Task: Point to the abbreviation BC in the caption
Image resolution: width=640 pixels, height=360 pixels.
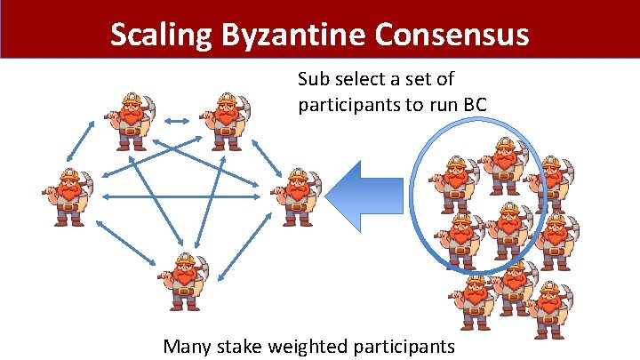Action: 475,105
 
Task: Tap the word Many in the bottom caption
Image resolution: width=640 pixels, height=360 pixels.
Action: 188,345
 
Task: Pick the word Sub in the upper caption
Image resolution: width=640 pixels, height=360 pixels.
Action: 313,81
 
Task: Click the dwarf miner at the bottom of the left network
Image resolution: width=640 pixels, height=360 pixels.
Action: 184,277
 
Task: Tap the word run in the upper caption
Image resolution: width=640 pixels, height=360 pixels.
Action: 444,105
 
